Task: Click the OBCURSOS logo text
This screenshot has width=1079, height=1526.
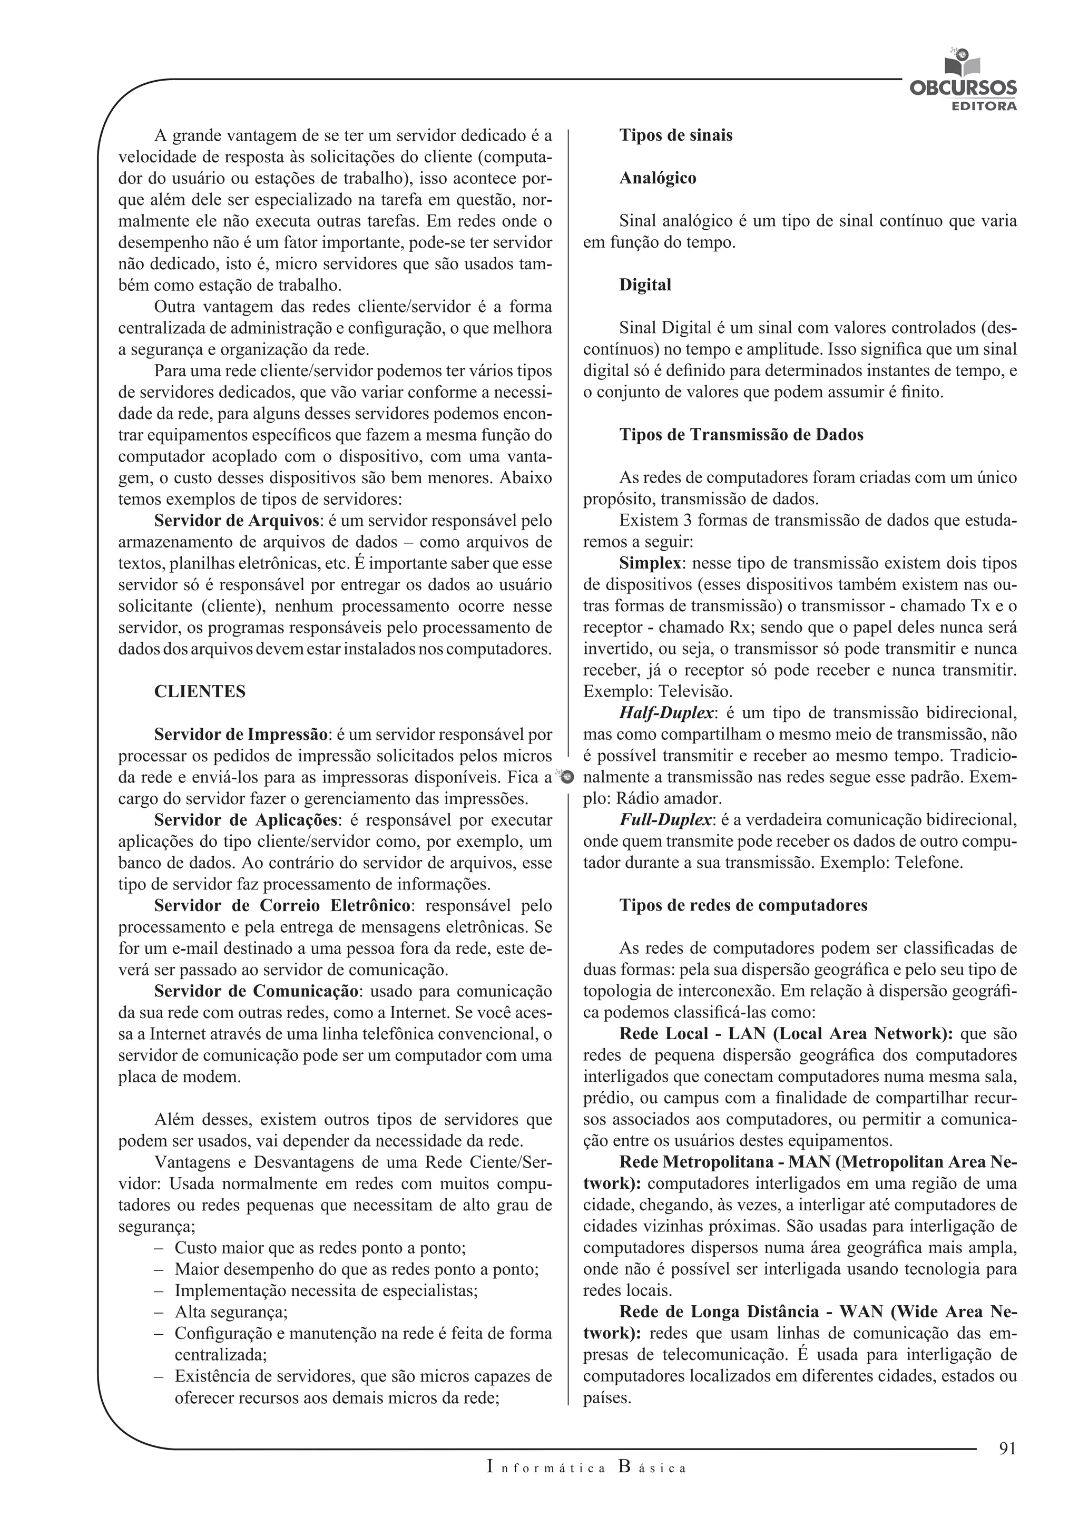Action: coord(962,89)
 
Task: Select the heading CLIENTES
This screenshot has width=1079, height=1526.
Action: coord(199,692)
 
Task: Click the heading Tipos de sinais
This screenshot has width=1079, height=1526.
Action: coord(676,135)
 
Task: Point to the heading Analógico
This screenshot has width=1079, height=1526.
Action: coord(658,178)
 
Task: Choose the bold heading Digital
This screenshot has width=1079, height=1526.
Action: coord(645,285)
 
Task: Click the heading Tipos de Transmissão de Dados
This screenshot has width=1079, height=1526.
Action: coord(741,435)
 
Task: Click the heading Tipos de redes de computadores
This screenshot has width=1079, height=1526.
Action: coord(743,906)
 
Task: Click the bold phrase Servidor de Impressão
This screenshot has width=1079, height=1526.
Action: coord(241,735)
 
